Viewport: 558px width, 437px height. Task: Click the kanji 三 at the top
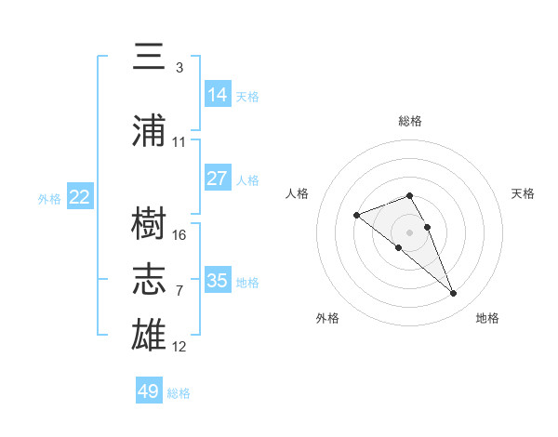[149, 56]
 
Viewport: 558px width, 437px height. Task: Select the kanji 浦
[149, 130]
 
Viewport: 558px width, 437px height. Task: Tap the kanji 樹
[149, 223]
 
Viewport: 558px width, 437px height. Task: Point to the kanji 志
[149, 279]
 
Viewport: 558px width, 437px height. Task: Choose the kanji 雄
[149, 334]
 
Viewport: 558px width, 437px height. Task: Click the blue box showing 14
[218, 94]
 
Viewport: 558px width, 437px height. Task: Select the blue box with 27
[218, 178]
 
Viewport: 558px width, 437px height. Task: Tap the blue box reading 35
[218, 279]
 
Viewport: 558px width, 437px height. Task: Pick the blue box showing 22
[80, 196]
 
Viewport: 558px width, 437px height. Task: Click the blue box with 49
[149, 390]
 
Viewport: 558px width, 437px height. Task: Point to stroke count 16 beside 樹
[179, 235]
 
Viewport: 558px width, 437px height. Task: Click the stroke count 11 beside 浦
[179, 142]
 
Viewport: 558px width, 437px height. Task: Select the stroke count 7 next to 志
[179, 291]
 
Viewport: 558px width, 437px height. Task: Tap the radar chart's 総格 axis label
[410, 121]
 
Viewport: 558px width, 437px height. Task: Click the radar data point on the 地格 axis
[453, 293]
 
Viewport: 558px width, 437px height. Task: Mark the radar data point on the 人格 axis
[356, 215]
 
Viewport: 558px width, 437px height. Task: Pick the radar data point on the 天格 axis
[428, 227]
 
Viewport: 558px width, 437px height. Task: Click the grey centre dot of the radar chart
[409, 232]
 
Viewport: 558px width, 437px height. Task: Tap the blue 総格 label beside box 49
[179, 393]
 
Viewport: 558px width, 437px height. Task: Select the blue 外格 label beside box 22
[49, 199]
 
